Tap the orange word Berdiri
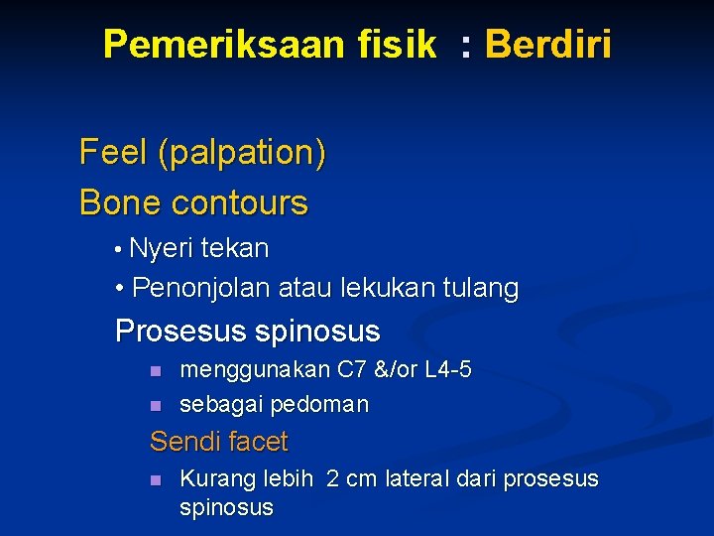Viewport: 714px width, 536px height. [x=547, y=44]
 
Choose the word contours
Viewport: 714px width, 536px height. [x=240, y=202]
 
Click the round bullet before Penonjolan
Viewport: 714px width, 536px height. [x=120, y=289]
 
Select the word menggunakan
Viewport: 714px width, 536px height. [x=255, y=370]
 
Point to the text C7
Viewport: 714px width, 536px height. [x=352, y=369]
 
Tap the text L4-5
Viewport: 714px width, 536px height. [x=447, y=369]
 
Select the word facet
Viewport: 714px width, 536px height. [x=257, y=442]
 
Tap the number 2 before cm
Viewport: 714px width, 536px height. [x=332, y=478]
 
